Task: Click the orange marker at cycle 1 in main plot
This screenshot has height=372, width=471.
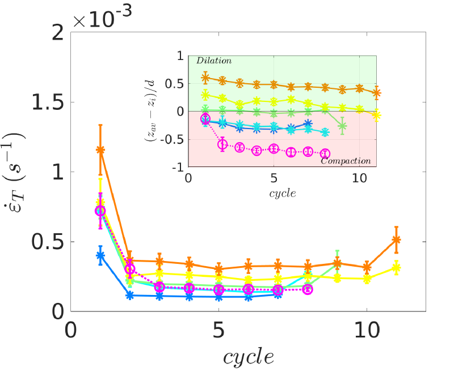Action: pos(100,150)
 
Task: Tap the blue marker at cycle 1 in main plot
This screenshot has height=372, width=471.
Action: pos(100,255)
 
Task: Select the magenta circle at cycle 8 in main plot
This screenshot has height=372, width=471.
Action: pos(308,289)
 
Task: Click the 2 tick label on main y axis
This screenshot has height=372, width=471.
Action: pos(57,33)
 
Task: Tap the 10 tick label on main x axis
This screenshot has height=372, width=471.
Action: pos(366,329)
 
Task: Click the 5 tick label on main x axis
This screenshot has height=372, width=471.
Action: pos(218,329)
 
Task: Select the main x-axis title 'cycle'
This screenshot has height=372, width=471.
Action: pos(248,357)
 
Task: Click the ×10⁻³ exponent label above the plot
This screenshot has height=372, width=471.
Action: pos(103,16)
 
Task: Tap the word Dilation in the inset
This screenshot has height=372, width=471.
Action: pos(214,60)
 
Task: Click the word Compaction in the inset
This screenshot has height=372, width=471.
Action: pos(346,161)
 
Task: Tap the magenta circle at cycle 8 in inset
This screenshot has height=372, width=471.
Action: pos(325,153)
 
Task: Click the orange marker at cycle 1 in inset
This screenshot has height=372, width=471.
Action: pos(205,77)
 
